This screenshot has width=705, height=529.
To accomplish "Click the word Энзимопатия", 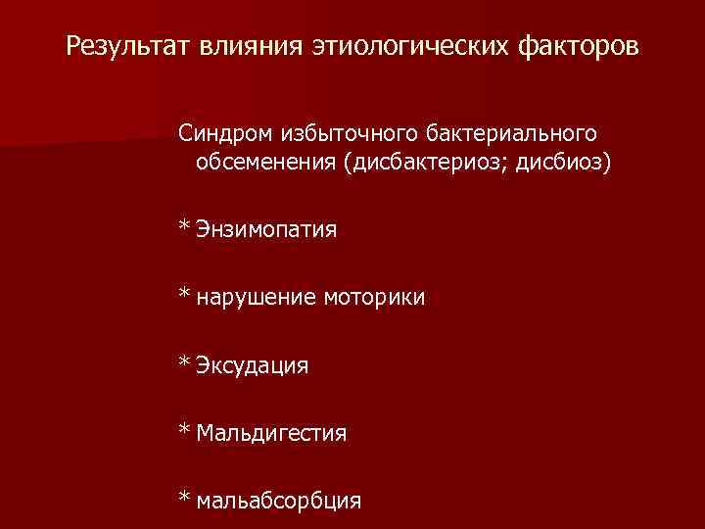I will [x=266, y=230].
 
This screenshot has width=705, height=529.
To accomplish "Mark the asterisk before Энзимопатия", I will [x=184, y=227].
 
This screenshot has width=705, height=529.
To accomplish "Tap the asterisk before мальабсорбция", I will [x=184, y=499].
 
